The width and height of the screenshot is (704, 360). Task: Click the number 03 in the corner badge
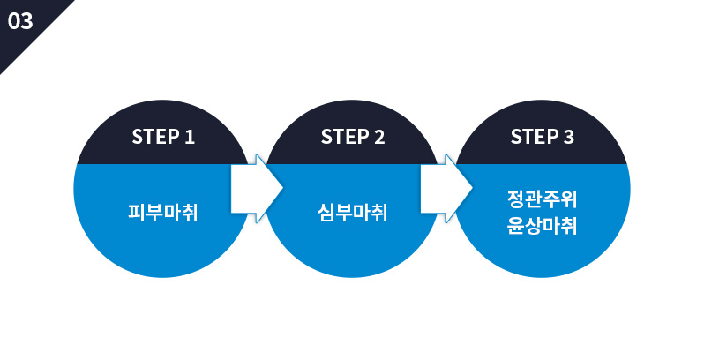[19, 22]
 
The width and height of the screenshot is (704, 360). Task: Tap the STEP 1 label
[162, 137]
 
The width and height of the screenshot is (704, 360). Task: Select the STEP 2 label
[352, 137]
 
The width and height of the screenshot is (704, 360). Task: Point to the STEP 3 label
[542, 137]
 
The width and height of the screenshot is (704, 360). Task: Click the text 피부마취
[162, 213]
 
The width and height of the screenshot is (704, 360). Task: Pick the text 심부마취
[352, 213]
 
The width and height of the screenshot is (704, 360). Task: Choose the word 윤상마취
[542, 226]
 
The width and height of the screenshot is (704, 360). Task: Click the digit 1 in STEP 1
[189, 137]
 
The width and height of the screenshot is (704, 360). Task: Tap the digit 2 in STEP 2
[378, 137]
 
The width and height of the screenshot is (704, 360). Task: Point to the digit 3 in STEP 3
[568, 137]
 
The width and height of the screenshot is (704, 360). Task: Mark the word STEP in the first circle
[154, 137]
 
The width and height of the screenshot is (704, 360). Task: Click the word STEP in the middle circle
[343, 137]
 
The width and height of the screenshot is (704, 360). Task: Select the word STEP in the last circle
[533, 137]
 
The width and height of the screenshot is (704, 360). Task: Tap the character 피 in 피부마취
[136, 213]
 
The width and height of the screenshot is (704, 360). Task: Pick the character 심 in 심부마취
[326, 213]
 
